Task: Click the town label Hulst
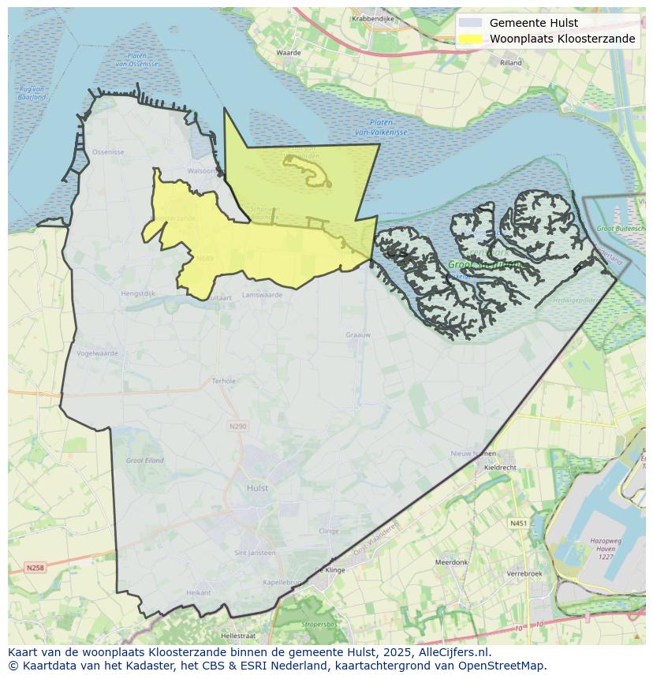257,488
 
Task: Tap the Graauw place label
358,335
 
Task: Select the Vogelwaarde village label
98,353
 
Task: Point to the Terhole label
224,381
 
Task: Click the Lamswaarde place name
263,294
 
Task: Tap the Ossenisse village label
108,151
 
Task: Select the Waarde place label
289,53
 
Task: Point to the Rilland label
510,62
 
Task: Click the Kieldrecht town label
500,468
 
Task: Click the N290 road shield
237,426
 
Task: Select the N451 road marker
518,523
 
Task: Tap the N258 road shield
35,568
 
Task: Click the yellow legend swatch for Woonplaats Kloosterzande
470,39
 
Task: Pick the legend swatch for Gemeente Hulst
470,23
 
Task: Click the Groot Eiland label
144,460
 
